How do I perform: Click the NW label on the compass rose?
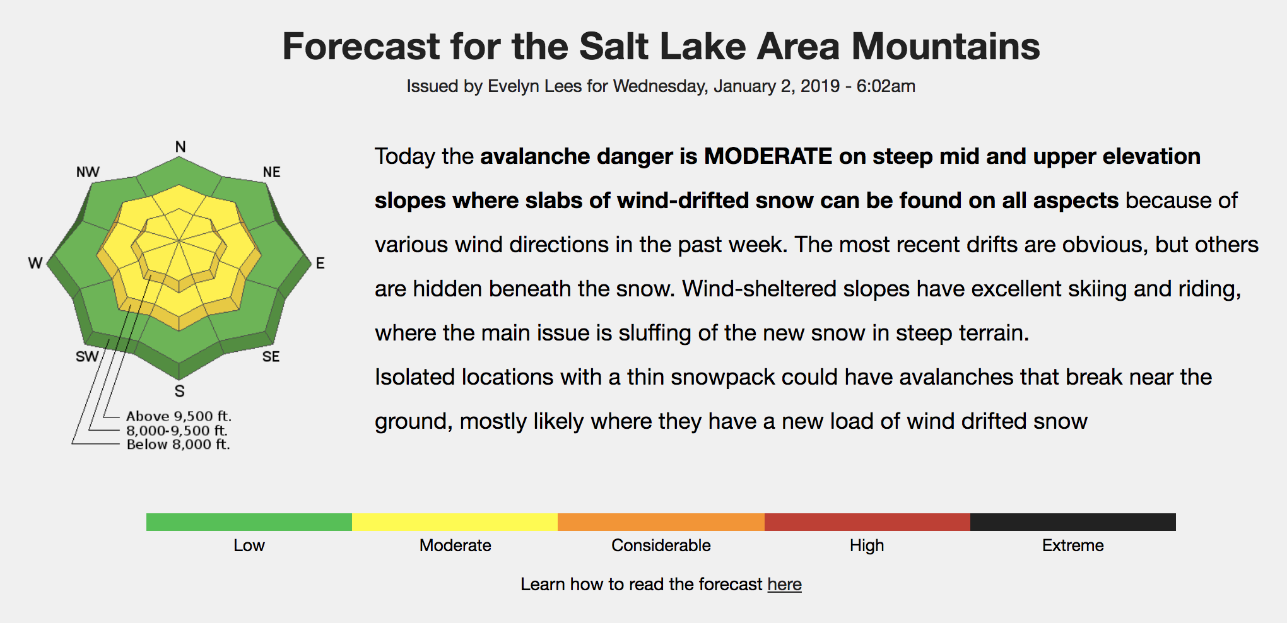(88, 172)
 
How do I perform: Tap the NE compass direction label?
(272, 172)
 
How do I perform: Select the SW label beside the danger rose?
(87, 357)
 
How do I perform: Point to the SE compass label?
(271, 357)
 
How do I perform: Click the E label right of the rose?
(320, 264)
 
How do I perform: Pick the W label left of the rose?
(35, 264)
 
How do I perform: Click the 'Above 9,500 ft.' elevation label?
(179, 416)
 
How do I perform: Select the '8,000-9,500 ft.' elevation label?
(177, 431)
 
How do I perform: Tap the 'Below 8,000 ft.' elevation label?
(179, 445)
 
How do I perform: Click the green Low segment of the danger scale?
(249, 522)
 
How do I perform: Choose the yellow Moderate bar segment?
(455, 522)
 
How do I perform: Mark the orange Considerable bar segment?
(661, 522)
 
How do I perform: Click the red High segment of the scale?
(867, 522)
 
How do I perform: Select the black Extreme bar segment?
(1073, 522)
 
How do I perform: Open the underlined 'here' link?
(785, 585)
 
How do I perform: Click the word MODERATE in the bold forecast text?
(768, 156)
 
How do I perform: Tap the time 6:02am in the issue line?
(886, 86)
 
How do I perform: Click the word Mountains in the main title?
(946, 47)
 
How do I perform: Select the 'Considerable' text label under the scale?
(661, 545)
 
